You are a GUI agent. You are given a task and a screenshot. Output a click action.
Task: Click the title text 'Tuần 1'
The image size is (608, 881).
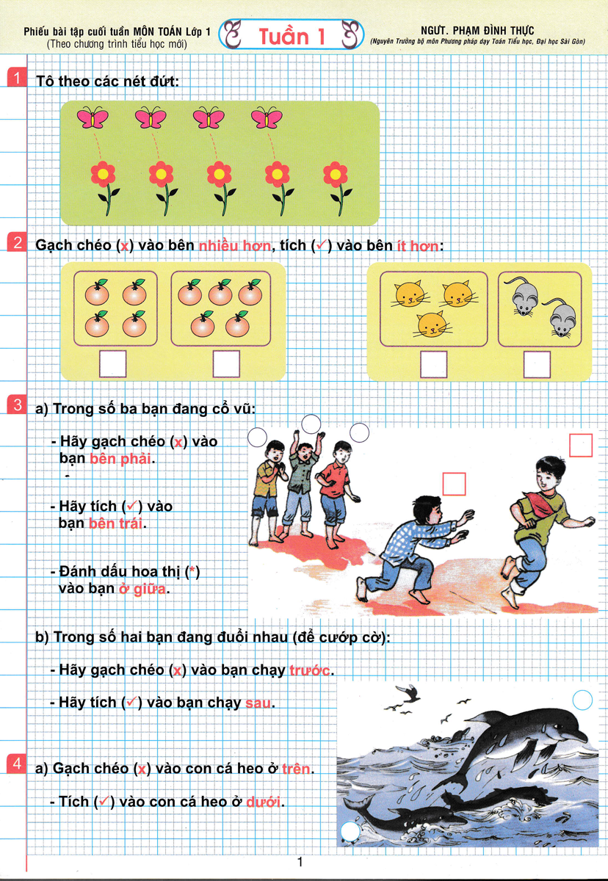pos(292,37)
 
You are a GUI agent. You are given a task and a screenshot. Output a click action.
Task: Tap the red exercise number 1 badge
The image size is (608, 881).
pos(16,78)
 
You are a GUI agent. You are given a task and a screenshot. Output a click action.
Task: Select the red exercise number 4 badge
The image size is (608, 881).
pos(16,764)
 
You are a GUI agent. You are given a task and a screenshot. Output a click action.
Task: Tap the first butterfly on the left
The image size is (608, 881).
pos(93,117)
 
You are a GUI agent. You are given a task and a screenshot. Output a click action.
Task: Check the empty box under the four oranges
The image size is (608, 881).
pos(112,364)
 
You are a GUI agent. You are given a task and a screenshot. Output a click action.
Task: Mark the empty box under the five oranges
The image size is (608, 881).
pos(226,364)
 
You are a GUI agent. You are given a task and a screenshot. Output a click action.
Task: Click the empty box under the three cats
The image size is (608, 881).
pos(433,365)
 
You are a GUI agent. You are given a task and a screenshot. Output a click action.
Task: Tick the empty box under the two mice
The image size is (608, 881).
pos(537,365)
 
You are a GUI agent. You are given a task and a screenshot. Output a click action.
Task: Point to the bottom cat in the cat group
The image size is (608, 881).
pos(432,324)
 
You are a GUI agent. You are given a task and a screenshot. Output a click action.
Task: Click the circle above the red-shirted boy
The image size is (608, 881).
pos(359,432)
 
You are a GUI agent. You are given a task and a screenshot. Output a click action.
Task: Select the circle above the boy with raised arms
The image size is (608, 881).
pos(311,424)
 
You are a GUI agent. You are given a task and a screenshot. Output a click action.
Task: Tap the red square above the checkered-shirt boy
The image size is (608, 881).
pos(455,484)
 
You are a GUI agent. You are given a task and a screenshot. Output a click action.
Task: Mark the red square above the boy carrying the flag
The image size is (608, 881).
pos(581,445)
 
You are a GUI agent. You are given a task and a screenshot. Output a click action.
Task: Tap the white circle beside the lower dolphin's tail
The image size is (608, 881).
pos(350,831)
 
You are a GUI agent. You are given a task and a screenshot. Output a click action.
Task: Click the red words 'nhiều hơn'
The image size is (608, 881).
pos(235,246)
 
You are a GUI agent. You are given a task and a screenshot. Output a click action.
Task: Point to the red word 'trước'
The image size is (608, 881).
pos(309,670)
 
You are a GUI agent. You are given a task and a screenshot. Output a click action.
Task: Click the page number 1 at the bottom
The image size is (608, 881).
pos(300,862)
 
